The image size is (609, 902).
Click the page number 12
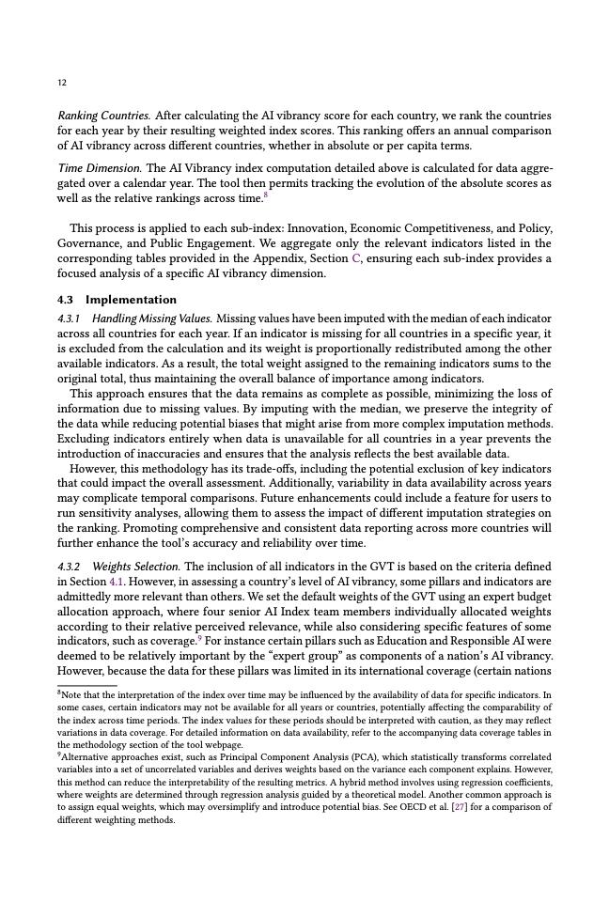tap(61, 83)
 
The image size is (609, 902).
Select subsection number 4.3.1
tap(69, 319)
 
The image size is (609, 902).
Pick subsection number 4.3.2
tap(69, 567)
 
